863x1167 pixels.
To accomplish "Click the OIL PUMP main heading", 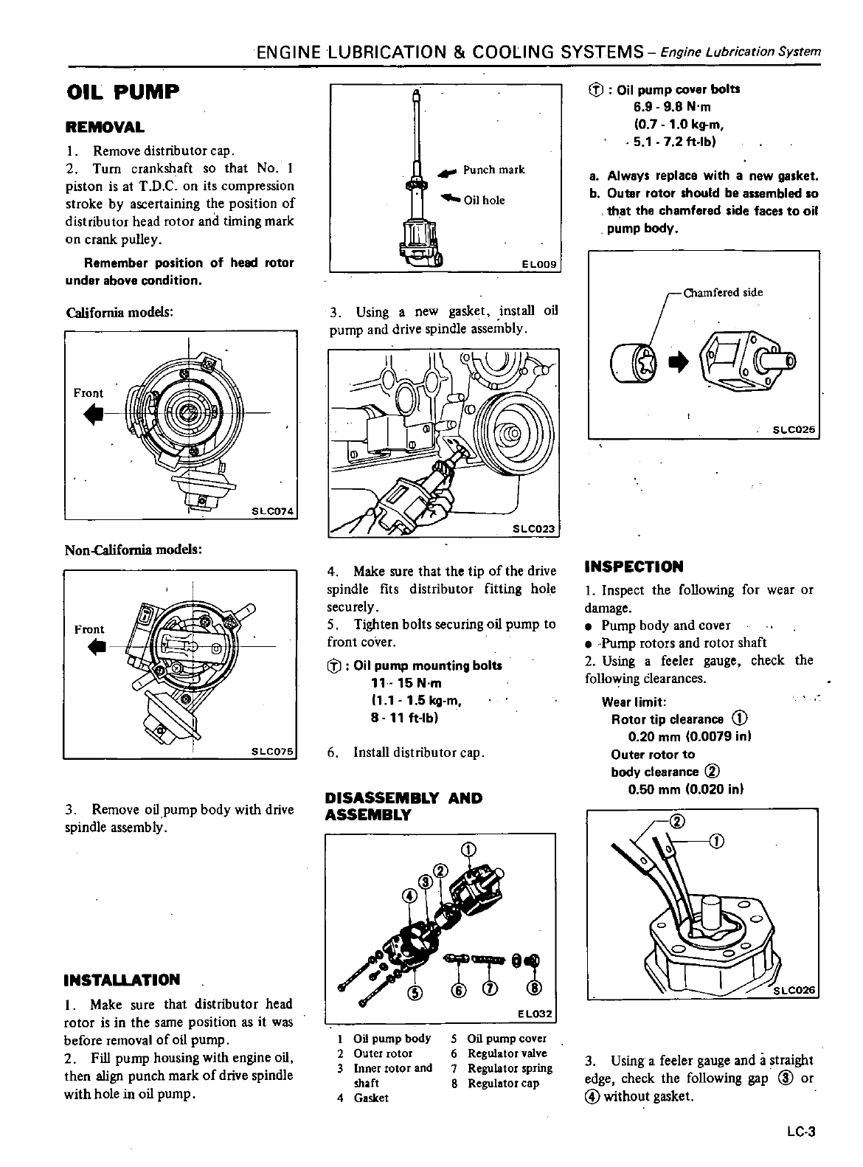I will (122, 92).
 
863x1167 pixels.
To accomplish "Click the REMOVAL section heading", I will (105, 127).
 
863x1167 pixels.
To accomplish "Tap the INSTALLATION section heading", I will (122, 980).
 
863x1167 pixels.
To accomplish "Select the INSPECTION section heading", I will (634, 567).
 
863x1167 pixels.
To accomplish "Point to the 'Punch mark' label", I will (493, 170).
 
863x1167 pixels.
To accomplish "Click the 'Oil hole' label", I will (484, 200).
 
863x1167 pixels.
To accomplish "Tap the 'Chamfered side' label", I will (723, 292).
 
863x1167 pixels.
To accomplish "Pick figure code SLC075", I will (272, 752).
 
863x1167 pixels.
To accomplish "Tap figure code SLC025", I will (794, 430).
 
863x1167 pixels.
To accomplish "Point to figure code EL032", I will (535, 1014).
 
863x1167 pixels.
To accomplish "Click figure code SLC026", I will (794, 990).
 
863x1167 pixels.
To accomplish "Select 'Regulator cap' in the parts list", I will (503, 1083).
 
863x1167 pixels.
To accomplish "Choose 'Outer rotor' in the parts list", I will (382, 1053).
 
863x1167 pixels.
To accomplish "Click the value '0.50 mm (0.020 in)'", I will (685, 789).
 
